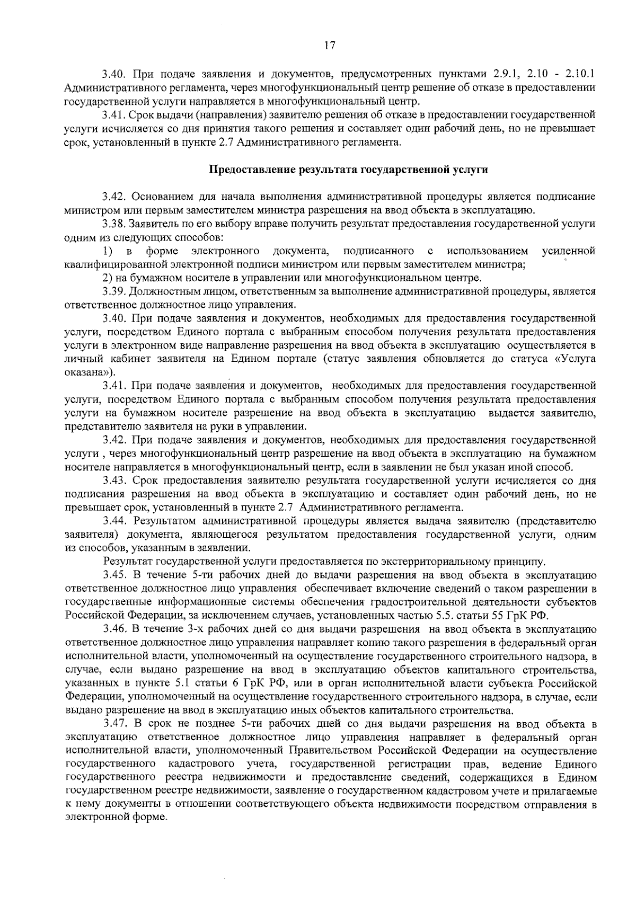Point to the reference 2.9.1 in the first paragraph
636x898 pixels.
tap(509, 73)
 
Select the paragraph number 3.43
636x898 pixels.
tap(114, 481)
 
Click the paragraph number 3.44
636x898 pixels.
tap(114, 522)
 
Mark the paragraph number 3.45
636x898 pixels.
tap(114, 575)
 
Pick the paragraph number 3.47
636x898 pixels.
tap(114, 724)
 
